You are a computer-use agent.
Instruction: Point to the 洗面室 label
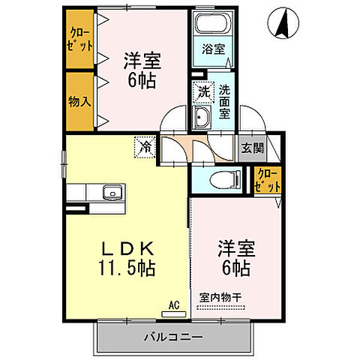coord(224,101)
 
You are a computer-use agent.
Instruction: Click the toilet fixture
coord(220,179)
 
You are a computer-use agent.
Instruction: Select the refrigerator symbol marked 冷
coord(145,146)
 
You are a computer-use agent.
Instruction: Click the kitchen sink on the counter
coord(112,193)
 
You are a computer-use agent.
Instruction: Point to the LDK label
coord(128,248)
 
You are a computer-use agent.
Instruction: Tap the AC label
coord(174,305)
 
